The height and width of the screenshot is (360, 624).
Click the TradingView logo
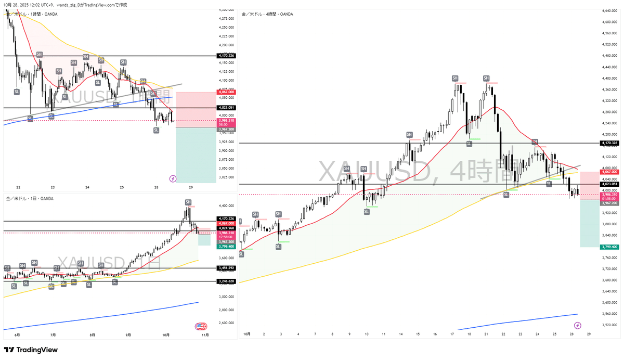31,350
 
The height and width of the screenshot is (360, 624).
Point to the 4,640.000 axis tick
609,11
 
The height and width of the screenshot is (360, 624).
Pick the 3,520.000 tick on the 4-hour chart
609,325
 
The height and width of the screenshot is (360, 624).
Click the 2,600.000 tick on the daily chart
225,323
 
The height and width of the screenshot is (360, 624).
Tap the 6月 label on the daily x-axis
17,335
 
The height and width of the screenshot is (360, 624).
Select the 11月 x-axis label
205,335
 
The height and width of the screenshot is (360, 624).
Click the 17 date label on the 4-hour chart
453,334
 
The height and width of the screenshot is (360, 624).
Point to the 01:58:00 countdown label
609,198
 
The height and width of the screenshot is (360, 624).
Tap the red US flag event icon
200,327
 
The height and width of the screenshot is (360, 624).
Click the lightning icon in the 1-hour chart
173,178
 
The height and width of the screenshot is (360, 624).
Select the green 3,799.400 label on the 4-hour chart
609,247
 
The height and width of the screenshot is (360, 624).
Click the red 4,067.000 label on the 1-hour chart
227,92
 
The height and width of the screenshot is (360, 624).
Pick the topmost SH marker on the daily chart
188,202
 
